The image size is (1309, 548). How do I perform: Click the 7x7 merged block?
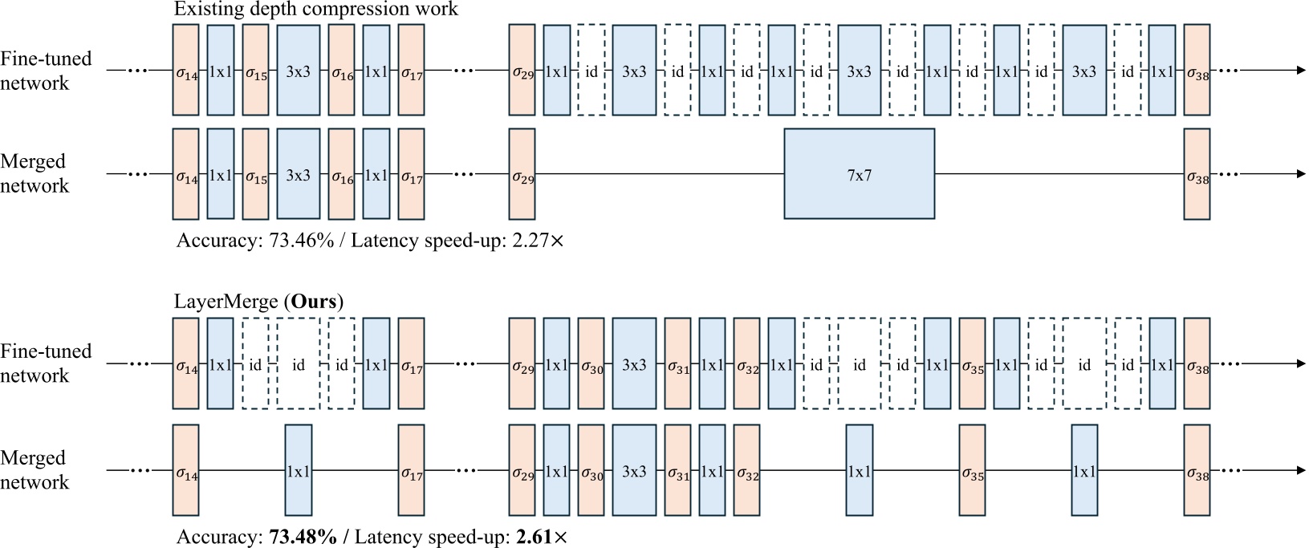point(859,174)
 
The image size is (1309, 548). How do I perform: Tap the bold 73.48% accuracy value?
point(303,537)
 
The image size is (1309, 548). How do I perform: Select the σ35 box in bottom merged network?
point(972,471)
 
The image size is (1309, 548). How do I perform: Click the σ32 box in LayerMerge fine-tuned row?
point(746,364)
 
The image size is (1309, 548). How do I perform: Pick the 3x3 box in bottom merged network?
point(634,471)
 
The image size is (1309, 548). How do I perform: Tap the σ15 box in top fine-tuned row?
point(255,71)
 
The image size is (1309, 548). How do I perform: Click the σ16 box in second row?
point(341,174)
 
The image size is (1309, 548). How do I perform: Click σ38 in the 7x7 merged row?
point(1197,174)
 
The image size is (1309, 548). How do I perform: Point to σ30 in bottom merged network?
point(591,471)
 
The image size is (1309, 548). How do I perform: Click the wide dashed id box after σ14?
point(298,364)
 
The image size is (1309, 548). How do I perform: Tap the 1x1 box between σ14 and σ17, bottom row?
point(298,471)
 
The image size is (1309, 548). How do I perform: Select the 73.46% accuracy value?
point(296,240)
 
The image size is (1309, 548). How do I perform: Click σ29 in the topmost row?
point(522,71)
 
